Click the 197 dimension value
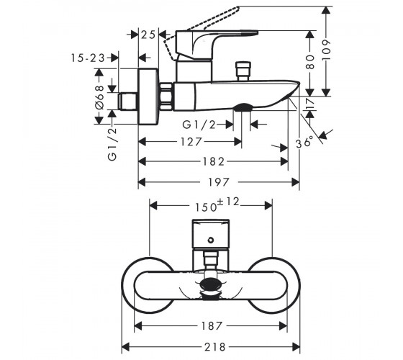pyautogui.click(x=219, y=182)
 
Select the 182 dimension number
pyautogui.click(x=214, y=162)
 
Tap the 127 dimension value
pyautogui.click(x=191, y=142)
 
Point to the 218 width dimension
pyautogui.click(x=215, y=347)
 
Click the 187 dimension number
pyautogui.click(x=212, y=326)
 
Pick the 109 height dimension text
pyautogui.click(x=326, y=50)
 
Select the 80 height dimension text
pyautogui.click(x=310, y=62)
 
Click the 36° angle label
pyautogui.click(x=304, y=143)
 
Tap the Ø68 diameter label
pyautogui.click(x=99, y=97)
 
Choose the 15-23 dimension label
pyautogui.click(x=88, y=58)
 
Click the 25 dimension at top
pyautogui.click(x=148, y=35)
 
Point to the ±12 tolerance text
pyautogui.click(x=229, y=202)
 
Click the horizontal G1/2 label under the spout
pyautogui.click(x=199, y=125)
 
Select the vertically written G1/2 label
pyautogui.click(x=112, y=145)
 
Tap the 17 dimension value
pyautogui.click(x=310, y=104)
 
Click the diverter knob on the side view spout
pyautogui.click(x=243, y=71)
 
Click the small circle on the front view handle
pyautogui.click(x=211, y=240)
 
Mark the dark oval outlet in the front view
pyautogui.click(x=211, y=284)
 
